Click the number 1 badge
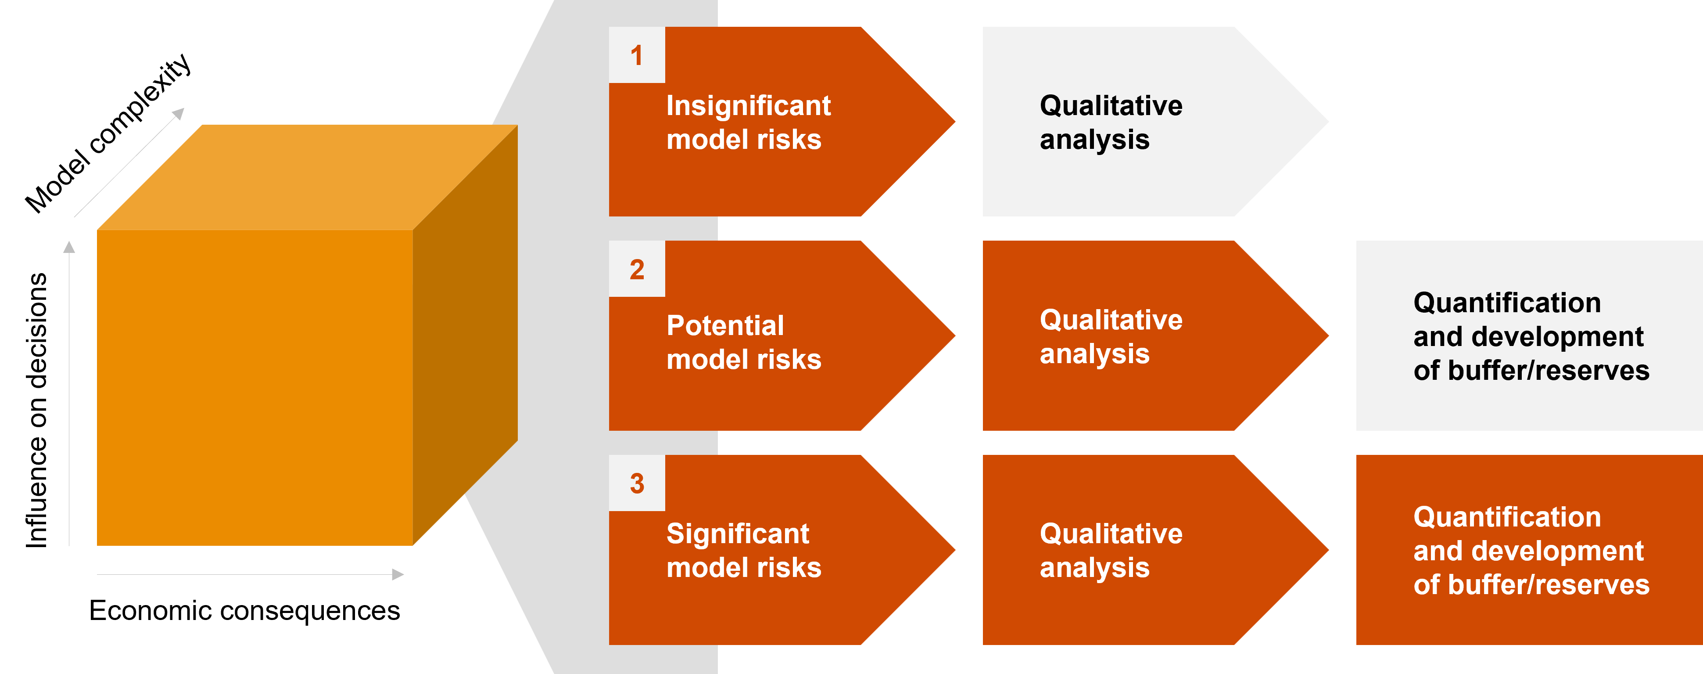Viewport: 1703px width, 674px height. tap(637, 56)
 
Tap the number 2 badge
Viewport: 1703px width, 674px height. tap(637, 269)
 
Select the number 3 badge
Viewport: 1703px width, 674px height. tap(637, 483)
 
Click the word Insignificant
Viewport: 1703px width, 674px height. tap(748, 106)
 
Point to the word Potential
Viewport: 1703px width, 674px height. tap(725, 325)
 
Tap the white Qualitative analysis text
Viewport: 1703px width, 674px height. tap(1111, 123)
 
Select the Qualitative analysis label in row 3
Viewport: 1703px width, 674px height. tap(1111, 550)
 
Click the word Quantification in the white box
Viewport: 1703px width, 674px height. tap(1507, 303)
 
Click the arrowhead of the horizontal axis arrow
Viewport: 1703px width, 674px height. tap(398, 575)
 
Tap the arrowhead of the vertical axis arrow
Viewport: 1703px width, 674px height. tap(69, 247)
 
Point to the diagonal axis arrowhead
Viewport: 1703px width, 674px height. tap(179, 114)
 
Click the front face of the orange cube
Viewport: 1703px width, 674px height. tap(255, 387)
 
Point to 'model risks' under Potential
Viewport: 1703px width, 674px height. tap(744, 360)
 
